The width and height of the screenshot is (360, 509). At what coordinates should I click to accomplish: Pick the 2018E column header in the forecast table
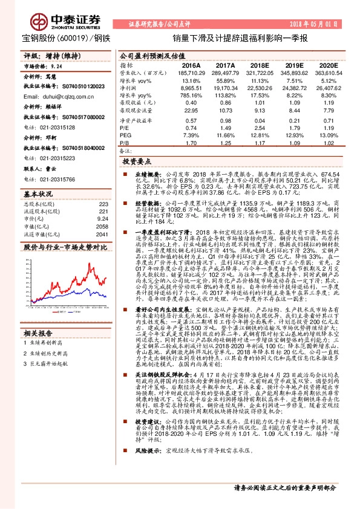pos(260,65)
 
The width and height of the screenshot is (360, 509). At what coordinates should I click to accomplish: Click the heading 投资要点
pos(136,163)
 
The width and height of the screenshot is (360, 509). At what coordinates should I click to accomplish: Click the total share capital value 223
pos(103,204)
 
